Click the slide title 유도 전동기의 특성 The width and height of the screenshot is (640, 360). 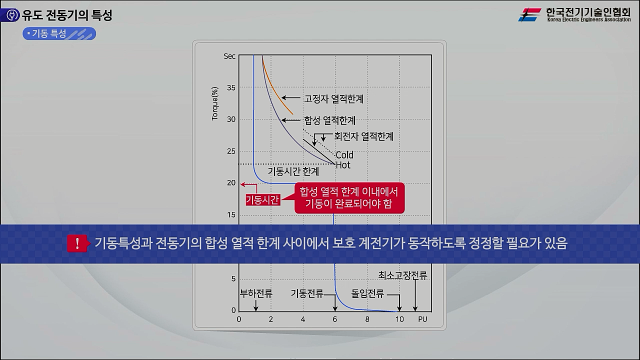(67, 15)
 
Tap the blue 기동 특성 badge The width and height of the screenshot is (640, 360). (59, 33)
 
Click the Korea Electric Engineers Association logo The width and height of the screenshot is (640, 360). (574, 14)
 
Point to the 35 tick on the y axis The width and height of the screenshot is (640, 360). (230, 87)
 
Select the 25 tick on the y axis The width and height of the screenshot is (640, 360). (230, 151)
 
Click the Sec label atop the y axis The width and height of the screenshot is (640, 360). (229, 56)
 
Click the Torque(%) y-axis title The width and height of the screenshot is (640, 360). (215, 104)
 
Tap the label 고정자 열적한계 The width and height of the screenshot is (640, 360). (333, 99)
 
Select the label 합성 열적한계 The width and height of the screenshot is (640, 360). (329, 120)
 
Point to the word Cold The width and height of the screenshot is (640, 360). (344, 155)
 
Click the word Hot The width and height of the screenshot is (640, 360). (343, 165)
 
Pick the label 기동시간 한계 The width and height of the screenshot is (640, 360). (293, 171)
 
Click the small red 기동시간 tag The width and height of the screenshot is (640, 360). (262, 199)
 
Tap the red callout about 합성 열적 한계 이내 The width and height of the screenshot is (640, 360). (349, 198)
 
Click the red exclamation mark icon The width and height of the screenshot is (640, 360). (77, 244)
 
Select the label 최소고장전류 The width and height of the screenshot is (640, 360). (402, 275)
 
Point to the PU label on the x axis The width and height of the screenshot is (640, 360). (422, 319)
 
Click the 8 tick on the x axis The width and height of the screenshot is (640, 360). (367, 319)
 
